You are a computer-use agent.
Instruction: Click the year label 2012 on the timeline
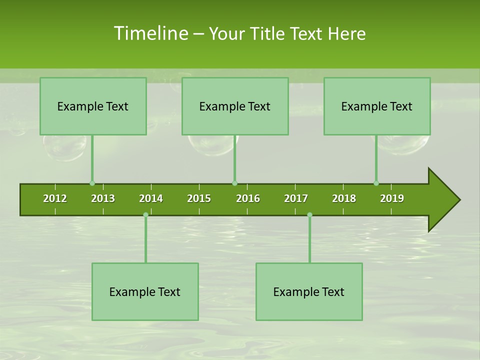click(55, 198)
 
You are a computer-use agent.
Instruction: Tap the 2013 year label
click(103, 198)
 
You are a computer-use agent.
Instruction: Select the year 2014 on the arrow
click(151, 198)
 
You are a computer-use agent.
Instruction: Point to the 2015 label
click(199, 198)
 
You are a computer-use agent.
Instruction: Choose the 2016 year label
click(248, 198)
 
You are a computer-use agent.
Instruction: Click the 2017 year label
click(296, 198)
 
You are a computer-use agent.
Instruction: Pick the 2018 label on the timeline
click(344, 198)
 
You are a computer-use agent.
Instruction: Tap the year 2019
click(392, 198)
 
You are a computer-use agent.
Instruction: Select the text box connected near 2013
click(93, 106)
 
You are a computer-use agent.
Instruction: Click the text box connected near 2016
click(235, 106)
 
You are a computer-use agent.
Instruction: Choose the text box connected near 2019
click(377, 106)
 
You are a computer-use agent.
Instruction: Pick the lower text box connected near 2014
click(145, 291)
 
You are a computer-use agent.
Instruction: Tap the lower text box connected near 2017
click(309, 291)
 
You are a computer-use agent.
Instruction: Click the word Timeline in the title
click(150, 33)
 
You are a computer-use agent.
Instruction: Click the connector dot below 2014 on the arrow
click(145, 215)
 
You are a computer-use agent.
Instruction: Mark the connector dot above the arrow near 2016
click(234, 183)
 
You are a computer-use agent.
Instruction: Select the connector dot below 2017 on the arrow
click(309, 215)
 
